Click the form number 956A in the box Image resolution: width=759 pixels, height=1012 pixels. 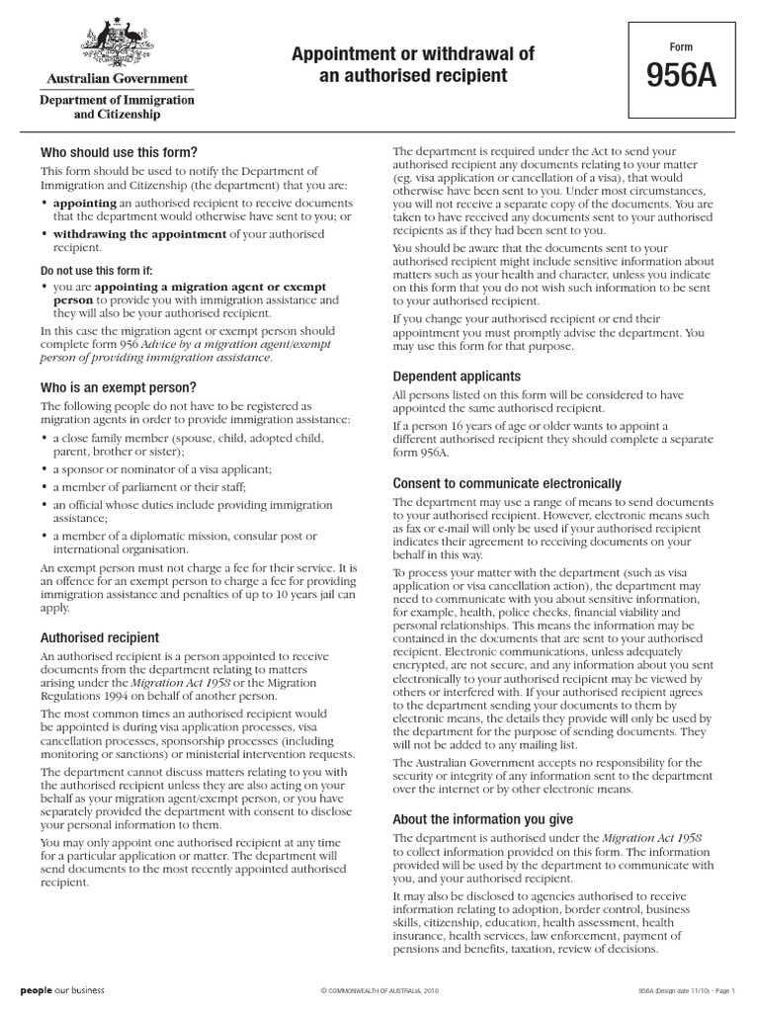point(681,77)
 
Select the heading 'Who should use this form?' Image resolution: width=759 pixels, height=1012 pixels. point(119,152)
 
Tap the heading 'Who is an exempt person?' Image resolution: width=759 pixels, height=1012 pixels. point(118,387)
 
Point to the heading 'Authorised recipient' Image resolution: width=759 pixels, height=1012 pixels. point(99,637)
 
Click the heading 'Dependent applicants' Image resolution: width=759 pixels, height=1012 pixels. point(457,377)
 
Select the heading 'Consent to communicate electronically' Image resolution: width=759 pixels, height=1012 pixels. point(507,483)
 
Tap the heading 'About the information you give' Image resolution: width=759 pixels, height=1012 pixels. point(482,819)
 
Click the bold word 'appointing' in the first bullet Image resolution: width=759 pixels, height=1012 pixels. point(85,203)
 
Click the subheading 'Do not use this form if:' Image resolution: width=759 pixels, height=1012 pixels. point(97,270)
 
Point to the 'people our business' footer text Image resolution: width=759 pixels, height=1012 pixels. point(62,989)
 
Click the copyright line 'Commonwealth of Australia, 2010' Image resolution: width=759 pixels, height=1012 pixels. point(379,990)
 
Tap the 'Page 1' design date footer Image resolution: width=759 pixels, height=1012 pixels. point(683,990)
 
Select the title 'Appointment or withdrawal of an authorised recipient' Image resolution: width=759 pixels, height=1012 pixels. point(412,64)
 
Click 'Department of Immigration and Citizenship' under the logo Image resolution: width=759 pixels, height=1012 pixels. point(117,107)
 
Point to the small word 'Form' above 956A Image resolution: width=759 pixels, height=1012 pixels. point(681,47)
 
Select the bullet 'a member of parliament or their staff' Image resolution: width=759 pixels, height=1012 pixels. point(149,487)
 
